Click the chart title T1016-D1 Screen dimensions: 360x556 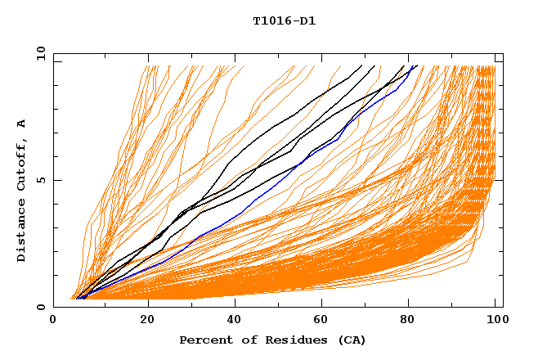[x=284, y=20]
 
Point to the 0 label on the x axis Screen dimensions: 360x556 [x=54, y=322]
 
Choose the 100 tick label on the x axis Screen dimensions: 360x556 [x=495, y=322]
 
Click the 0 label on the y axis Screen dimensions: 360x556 [x=41, y=307]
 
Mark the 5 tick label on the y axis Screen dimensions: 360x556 [x=41, y=180]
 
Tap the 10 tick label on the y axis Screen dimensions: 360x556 [x=38, y=53]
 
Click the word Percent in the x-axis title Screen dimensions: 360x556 [x=201, y=340]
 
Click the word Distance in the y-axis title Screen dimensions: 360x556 [x=21, y=232]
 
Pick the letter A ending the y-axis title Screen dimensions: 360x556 [x=21, y=124]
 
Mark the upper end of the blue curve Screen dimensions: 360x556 [x=416, y=66]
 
